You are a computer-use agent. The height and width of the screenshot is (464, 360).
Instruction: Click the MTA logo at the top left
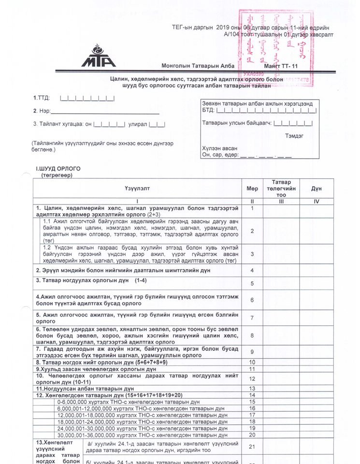tap(98, 56)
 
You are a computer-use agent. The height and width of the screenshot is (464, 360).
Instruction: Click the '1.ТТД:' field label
tap(41, 98)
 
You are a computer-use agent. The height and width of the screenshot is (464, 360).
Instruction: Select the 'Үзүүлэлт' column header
tap(137, 188)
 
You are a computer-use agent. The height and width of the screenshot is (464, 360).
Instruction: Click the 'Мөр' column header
tap(252, 188)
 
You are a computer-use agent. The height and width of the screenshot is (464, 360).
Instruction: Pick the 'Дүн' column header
tap(317, 188)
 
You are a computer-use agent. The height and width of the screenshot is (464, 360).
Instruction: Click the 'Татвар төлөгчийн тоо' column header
tap(281, 188)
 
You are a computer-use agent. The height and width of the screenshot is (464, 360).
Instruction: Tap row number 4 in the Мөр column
tap(252, 271)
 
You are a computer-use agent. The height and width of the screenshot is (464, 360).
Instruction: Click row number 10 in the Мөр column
tap(252, 362)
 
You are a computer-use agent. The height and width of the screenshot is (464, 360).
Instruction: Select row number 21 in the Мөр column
tap(252, 447)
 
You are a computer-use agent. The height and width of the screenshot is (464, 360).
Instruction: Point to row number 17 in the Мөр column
tap(252, 415)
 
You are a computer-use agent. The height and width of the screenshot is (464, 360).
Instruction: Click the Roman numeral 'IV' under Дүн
tap(317, 201)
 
